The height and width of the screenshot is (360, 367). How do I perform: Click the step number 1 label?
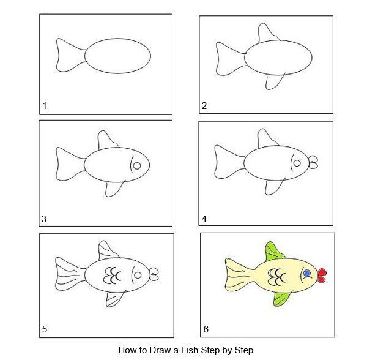(x=45, y=106)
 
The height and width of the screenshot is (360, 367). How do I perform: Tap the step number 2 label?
(x=204, y=106)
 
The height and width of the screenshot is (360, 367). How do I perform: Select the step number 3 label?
(x=44, y=219)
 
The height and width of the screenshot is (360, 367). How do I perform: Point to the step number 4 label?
(x=204, y=219)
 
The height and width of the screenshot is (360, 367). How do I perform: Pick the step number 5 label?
(x=45, y=329)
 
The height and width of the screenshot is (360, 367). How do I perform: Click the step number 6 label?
(x=206, y=329)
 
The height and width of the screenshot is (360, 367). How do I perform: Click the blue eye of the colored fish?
(x=307, y=273)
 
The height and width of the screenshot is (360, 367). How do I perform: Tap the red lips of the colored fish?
(x=322, y=276)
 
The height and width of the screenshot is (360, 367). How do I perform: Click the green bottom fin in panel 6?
(x=281, y=299)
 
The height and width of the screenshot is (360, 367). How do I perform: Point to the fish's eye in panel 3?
(x=137, y=166)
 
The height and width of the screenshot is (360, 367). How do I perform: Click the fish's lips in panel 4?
(x=313, y=162)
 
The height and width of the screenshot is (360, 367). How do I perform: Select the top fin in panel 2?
(x=267, y=34)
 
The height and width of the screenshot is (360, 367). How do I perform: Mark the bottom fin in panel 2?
(x=274, y=81)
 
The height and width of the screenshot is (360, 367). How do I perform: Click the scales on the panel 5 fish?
(x=113, y=276)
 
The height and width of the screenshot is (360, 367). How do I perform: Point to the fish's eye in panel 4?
(x=297, y=163)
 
